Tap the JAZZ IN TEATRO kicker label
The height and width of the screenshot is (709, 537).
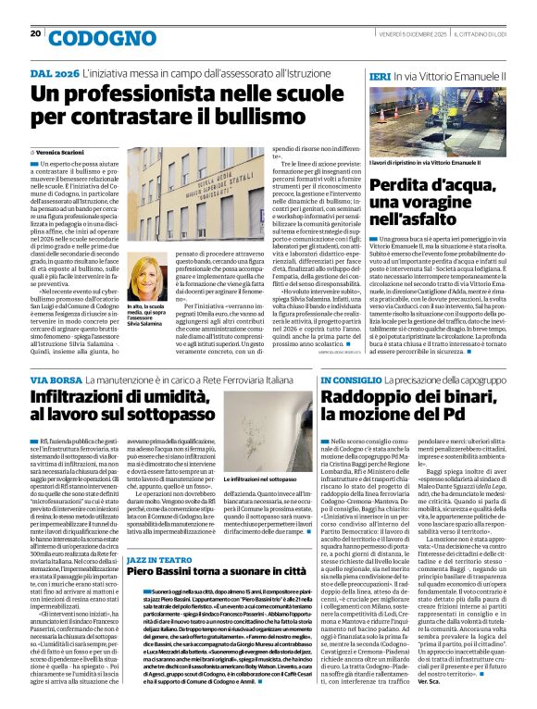click(158, 561)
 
